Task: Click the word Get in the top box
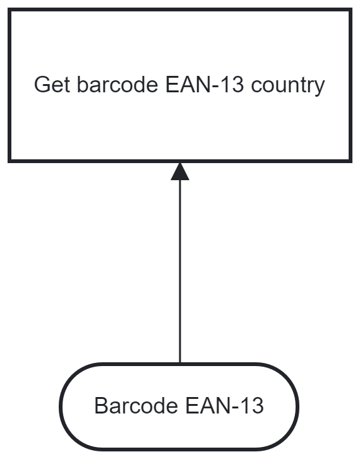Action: (x=52, y=85)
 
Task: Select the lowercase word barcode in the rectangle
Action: (x=117, y=85)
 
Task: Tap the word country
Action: (x=288, y=87)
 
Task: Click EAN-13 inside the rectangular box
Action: (x=205, y=85)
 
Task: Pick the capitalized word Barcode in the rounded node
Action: (x=136, y=405)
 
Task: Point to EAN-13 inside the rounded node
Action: (x=224, y=405)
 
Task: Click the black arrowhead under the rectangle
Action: (x=180, y=171)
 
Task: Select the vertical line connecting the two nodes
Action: (x=180, y=271)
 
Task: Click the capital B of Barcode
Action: (x=101, y=405)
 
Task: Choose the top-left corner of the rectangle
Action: (x=9, y=9)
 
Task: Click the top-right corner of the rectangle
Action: (x=351, y=9)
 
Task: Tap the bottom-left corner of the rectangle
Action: (x=9, y=161)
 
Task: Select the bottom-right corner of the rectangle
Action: (x=351, y=161)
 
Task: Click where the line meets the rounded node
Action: (x=180, y=363)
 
